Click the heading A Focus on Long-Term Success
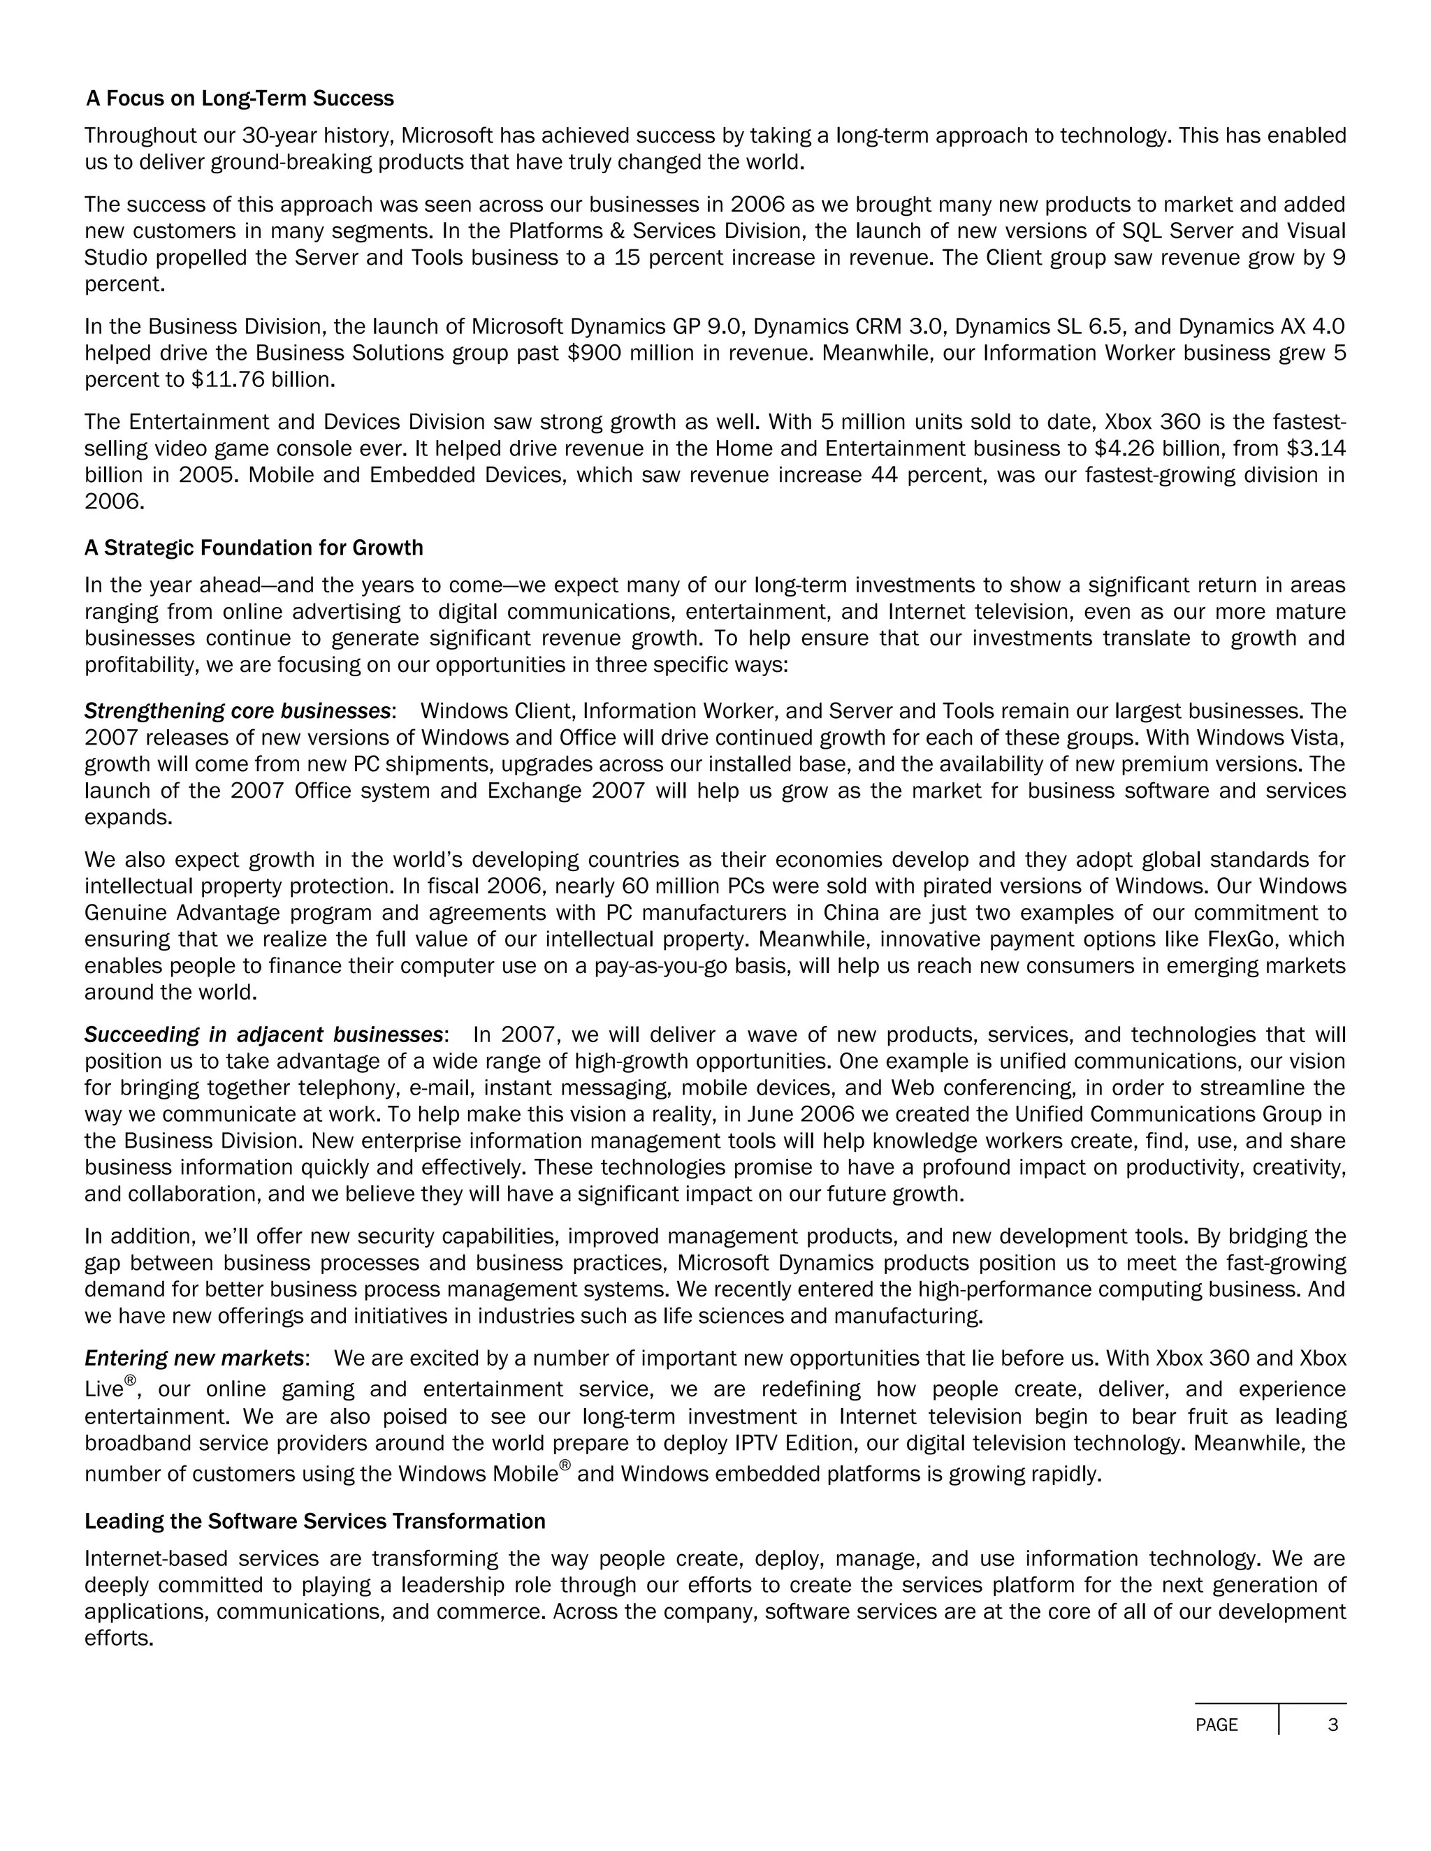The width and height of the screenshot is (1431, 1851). click(x=240, y=98)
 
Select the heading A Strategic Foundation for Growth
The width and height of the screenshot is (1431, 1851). click(x=254, y=548)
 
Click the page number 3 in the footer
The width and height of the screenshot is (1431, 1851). click(x=1332, y=1725)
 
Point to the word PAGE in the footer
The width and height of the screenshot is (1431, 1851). click(x=1216, y=1725)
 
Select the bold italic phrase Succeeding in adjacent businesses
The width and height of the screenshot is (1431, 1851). click(x=263, y=1035)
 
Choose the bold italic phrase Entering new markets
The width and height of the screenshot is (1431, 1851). click(x=194, y=1359)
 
